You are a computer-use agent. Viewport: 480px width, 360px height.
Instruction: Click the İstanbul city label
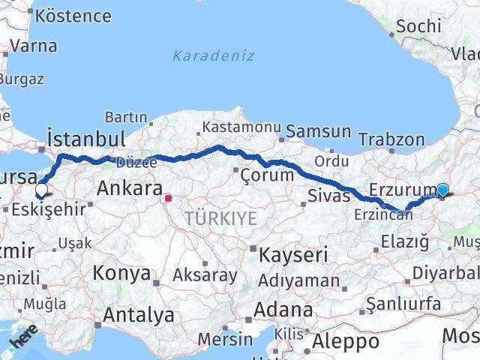(x=85, y=139)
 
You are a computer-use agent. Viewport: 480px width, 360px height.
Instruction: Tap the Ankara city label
(x=130, y=187)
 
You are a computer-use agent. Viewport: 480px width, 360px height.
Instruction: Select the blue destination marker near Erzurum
(x=442, y=190)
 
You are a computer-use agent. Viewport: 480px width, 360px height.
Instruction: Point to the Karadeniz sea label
(x=213, y=56)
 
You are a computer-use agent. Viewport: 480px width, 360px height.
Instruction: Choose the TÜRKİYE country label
(x=221, y=218)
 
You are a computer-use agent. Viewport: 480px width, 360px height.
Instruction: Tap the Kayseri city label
(x=293, y=255)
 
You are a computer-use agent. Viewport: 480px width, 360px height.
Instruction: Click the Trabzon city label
(x=391, y=139)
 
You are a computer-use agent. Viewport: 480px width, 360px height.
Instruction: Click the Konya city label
(x=121, y=273)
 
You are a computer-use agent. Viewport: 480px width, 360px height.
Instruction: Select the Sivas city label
(x=329, y=196)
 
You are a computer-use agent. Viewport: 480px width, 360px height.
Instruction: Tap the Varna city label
(x=34, y=46)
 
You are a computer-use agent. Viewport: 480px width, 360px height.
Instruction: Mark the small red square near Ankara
(x=169, y=199)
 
